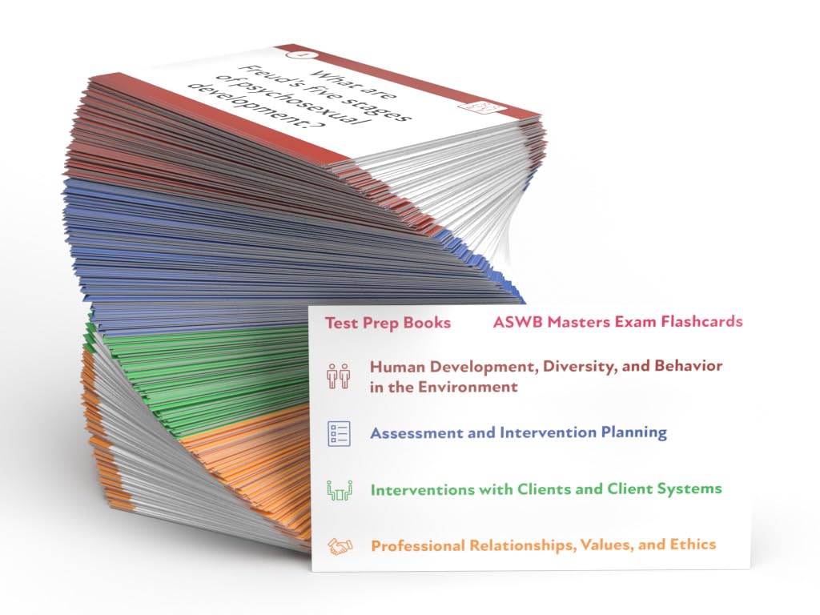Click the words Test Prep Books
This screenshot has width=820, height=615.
pos(388,324)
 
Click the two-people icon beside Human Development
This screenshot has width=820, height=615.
pos(339,376)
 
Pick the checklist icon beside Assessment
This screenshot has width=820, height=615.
pos(339,433)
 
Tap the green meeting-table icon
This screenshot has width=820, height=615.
pos(340,490)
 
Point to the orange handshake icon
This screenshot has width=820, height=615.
pos(340,547)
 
